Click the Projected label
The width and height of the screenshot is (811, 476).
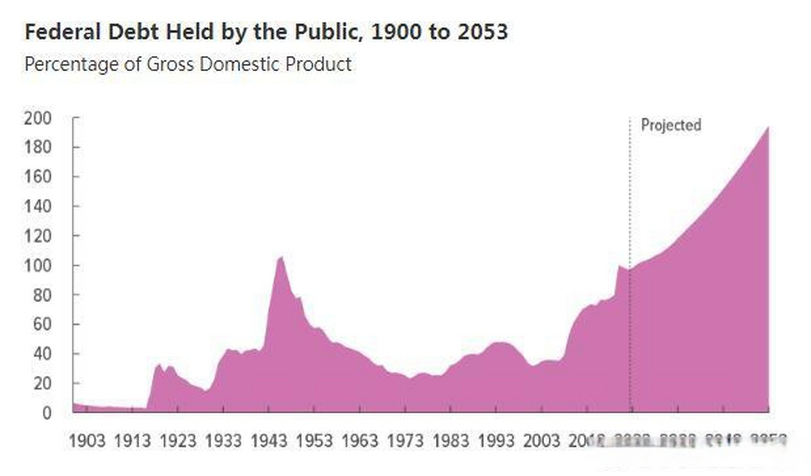(671, 125)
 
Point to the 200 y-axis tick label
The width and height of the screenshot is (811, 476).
(38, 118)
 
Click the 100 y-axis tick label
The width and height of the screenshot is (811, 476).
(38, 266)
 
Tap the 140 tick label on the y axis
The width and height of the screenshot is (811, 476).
(38, 206)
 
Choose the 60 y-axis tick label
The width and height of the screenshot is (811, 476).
(42, 324)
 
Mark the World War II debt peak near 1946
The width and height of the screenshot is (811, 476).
(281, 257)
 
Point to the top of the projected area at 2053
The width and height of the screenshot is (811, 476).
(768, 127)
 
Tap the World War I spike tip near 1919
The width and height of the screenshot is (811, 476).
(159, 364)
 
